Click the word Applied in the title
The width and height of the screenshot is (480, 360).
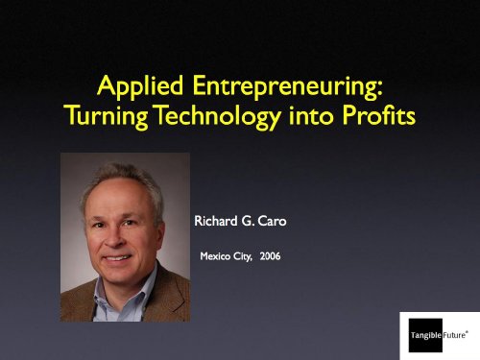point(140,86)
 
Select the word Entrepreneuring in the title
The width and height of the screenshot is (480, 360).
point(288,86)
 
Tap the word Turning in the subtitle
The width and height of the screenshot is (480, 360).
point(107,116)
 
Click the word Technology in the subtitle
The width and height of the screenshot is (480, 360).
point(219,116)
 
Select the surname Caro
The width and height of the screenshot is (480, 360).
point(272,221)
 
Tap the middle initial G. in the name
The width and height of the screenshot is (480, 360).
point(248,221)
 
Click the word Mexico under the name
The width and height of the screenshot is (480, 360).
point(215,256)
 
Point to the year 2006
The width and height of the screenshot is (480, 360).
point(270,256)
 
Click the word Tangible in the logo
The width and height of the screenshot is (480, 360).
point(426,335)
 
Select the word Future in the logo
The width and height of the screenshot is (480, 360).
point(454,335)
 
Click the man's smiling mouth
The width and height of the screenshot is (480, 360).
point(117,257)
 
